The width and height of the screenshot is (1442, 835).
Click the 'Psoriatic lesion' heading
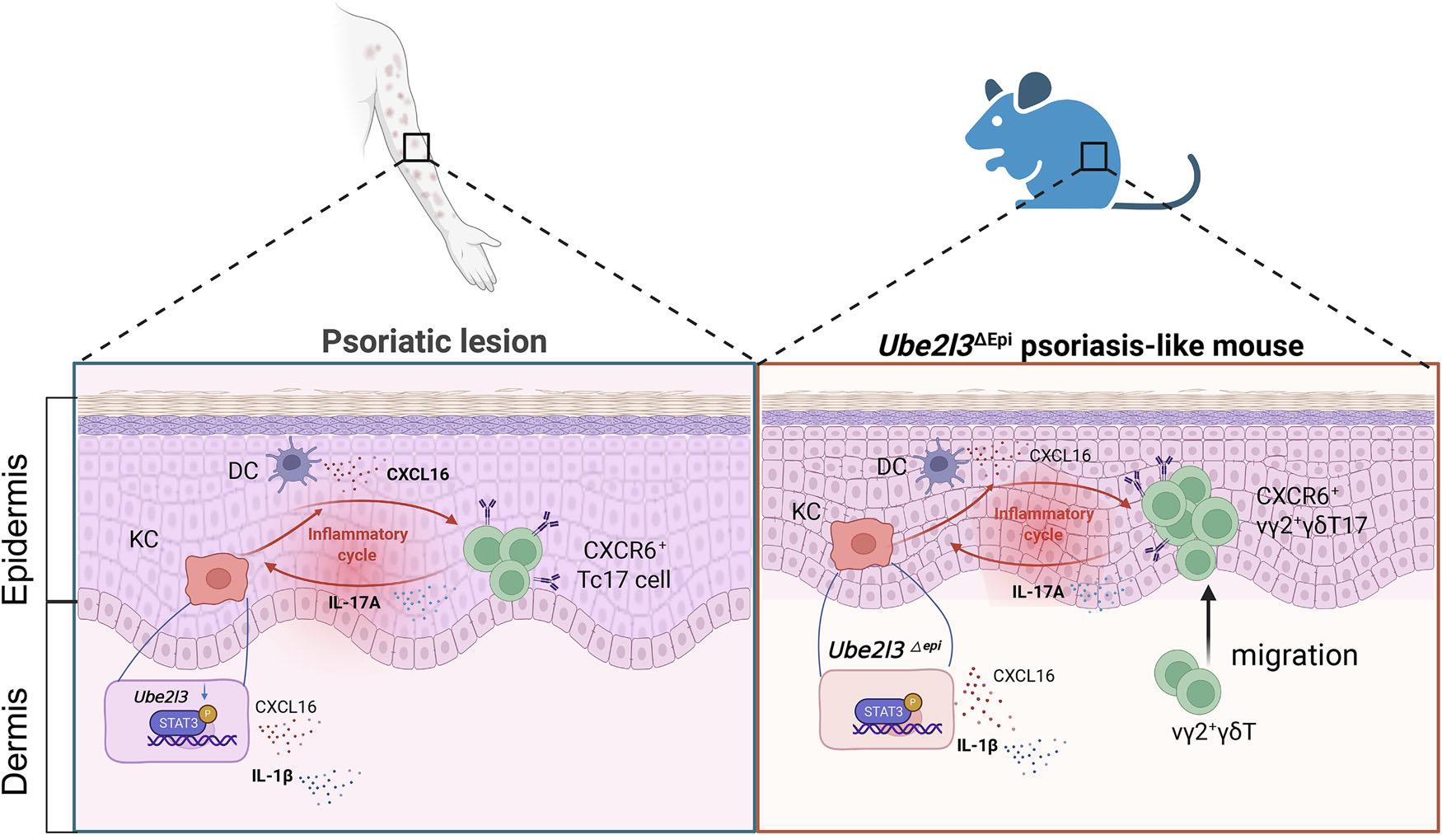coord(434,341)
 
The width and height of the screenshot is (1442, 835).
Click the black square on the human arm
coord(416,148)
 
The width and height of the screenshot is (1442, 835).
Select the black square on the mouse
coord(1094,156)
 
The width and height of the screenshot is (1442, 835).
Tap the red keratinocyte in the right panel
coord(864,546)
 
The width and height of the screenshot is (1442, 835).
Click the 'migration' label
coord(1294,655)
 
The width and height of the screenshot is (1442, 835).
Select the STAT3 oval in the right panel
coord(883,710)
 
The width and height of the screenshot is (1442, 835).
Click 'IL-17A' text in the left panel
coord(353,603)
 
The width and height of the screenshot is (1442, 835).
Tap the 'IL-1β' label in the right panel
coord(977,746)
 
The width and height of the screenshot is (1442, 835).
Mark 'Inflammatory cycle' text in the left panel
coord(357,544)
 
